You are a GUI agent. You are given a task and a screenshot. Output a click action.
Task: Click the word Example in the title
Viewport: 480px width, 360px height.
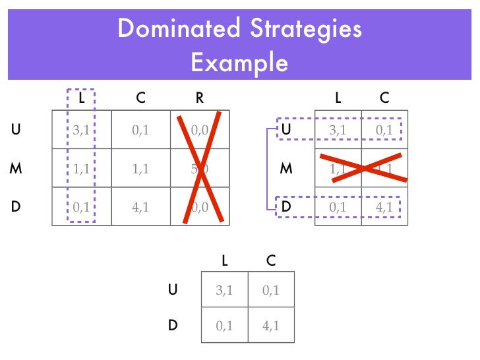(239, 63)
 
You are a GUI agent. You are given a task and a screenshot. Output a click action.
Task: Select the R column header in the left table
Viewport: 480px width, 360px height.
(199, 98)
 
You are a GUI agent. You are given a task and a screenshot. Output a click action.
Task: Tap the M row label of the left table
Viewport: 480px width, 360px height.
(16, 167)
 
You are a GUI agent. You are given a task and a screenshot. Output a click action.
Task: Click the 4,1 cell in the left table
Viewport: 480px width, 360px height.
(140, 206)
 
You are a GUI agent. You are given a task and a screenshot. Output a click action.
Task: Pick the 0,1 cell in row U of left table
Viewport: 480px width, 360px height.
(140, 130)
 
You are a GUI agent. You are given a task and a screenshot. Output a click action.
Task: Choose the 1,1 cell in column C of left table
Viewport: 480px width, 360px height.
(140, 168)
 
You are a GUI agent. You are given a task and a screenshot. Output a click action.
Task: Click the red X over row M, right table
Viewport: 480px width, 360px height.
(361, 168)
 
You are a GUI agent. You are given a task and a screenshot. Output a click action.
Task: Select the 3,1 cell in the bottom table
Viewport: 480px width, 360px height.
(224, 289)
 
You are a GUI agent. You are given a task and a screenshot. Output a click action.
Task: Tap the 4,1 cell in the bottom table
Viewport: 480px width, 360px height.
(270, 325)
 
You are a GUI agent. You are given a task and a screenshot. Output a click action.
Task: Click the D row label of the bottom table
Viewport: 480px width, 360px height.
(173, 325)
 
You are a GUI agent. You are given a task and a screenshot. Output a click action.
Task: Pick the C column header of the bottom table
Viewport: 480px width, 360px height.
(270, 260)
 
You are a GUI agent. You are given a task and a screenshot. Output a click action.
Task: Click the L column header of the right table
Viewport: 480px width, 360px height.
(338, 98)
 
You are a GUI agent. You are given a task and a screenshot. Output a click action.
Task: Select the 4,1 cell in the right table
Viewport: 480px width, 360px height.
(384, 206)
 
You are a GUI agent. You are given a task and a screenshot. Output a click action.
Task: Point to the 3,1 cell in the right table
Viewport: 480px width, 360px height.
(338, 130)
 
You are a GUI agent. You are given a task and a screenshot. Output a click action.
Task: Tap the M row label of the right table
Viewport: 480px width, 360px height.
(286, 167)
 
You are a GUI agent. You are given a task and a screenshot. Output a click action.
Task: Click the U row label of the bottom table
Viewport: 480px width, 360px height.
(173, 289)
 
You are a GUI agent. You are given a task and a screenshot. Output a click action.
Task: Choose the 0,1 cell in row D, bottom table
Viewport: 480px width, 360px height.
(224, 325)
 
